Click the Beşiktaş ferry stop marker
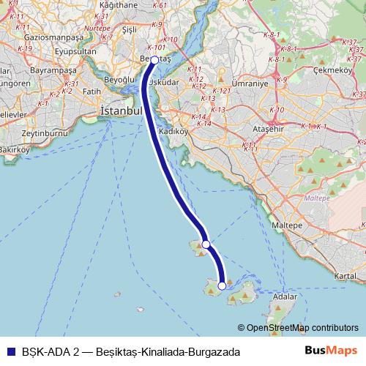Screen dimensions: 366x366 click(x=154, y=60)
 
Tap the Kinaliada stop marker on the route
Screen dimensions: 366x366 click(x=206, y=244)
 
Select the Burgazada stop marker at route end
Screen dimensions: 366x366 click(x=222, y=286)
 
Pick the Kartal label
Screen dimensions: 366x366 click(x=344, y=276)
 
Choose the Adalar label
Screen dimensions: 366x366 click(x=284, y=297)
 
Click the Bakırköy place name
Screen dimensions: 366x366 click(x=13, y=169)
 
